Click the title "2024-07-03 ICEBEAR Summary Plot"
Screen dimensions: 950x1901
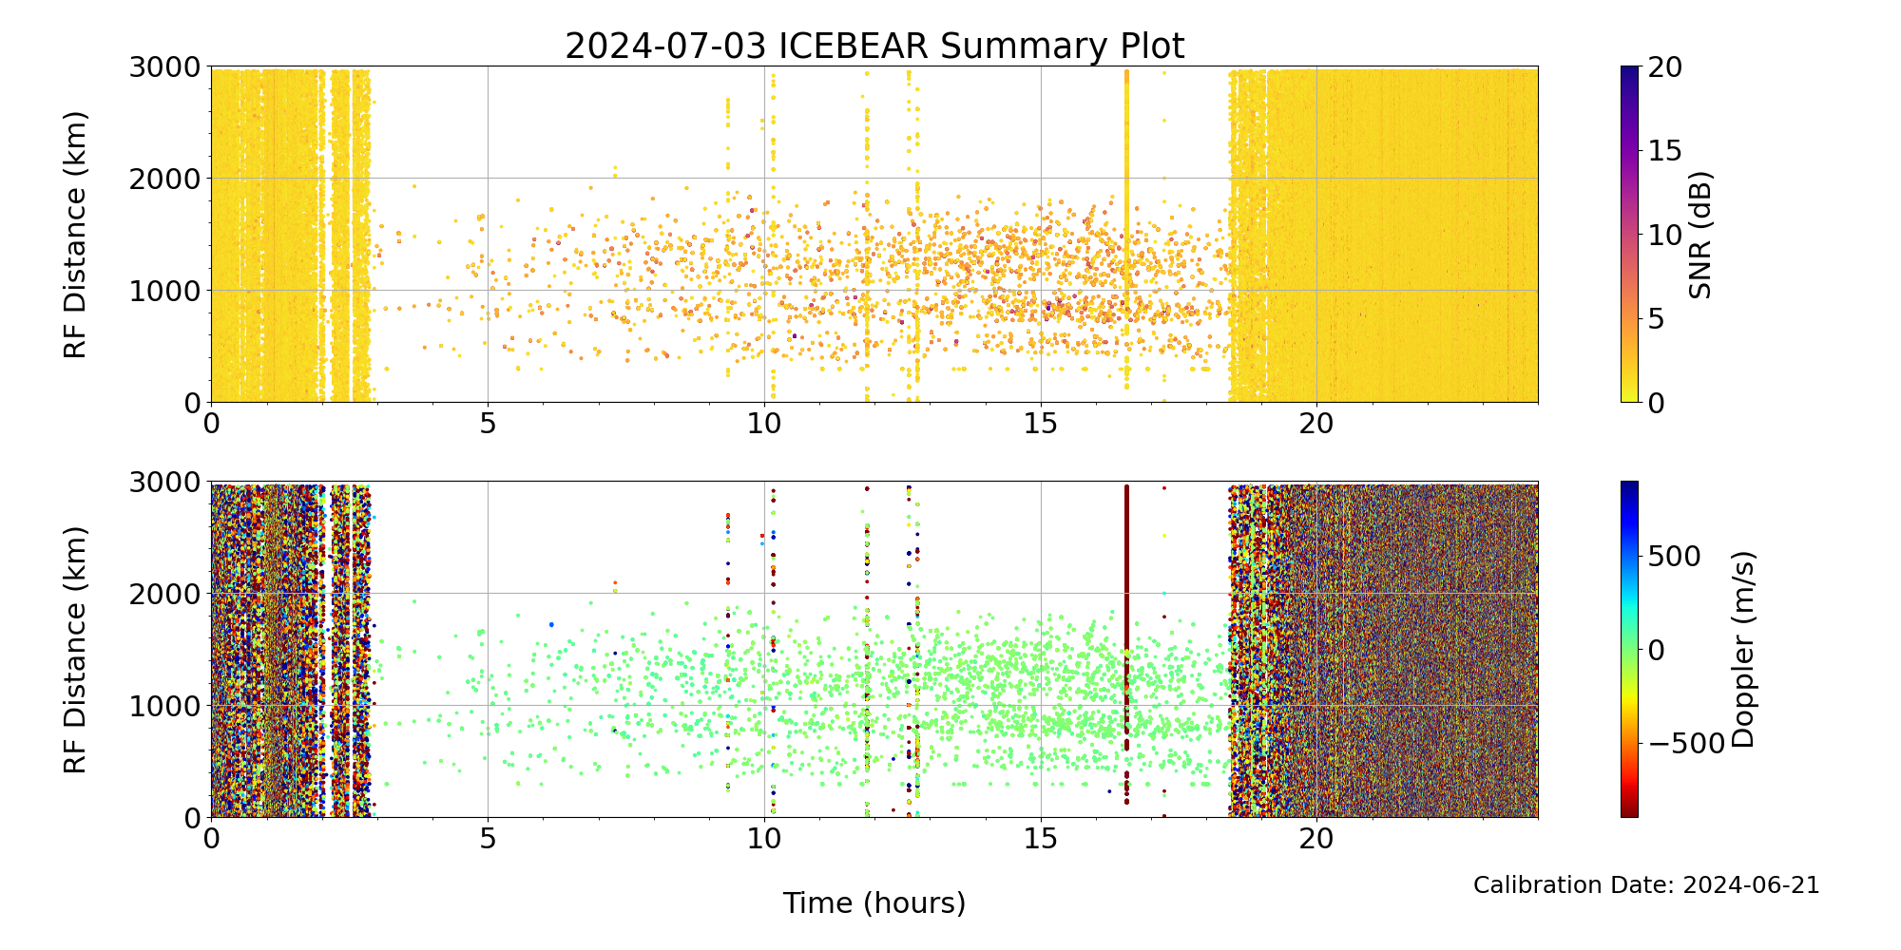(874, 46)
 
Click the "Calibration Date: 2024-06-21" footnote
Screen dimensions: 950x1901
(1646, 885)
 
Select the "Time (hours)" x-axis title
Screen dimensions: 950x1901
(874, 903)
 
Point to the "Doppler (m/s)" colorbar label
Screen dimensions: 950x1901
(1742, 650)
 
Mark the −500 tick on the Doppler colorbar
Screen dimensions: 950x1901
(1685, 744)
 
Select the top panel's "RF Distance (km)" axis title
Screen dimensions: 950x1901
(75, 235)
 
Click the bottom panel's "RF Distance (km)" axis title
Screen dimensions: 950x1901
(75, 650)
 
